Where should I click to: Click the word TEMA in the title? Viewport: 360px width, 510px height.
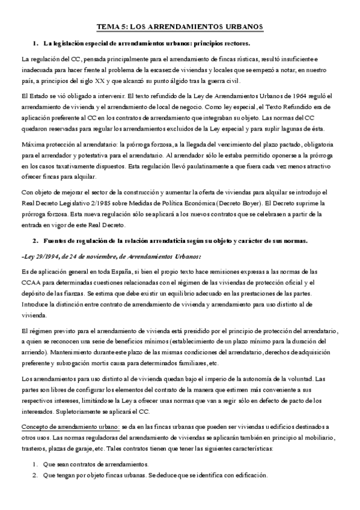pyautogui.click(x=108, y=27)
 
